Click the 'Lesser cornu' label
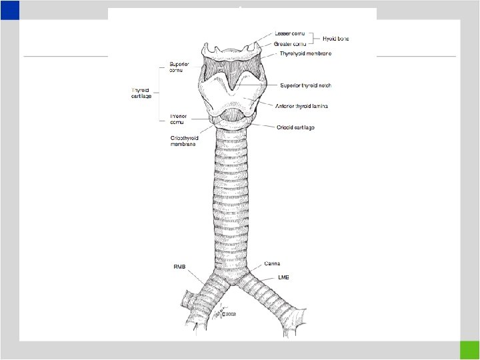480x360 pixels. (290, 33)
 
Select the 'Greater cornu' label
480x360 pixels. (291, 43)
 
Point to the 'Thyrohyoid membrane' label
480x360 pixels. (306, 53)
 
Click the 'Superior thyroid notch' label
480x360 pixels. (306, 85)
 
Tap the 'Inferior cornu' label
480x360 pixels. (181, 119)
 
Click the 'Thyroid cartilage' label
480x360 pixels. (142, 93)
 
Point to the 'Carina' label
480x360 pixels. (272, 264)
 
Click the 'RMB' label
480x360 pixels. (180, 266)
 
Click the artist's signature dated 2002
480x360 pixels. (227, 309)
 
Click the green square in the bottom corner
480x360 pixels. (469, 350)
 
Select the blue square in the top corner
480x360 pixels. (10, 9)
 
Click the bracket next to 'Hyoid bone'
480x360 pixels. (319, 38)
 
